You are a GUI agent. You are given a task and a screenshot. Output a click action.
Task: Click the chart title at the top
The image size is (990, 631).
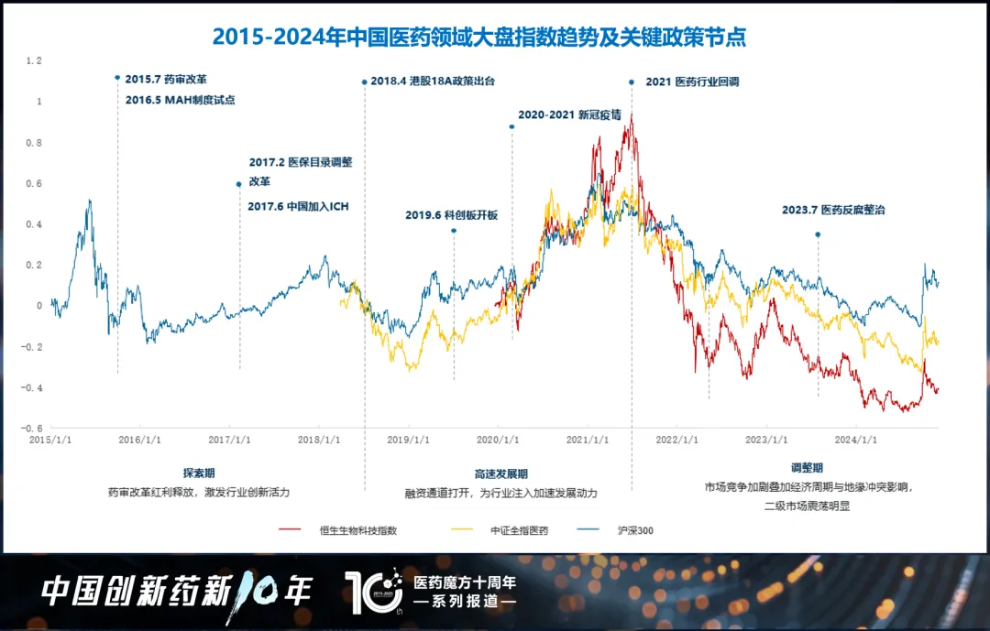coord(478,37)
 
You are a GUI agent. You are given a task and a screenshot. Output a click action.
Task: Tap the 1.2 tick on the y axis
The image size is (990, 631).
coord(35,60)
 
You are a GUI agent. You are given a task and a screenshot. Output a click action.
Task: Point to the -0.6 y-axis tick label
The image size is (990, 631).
coord(33,429)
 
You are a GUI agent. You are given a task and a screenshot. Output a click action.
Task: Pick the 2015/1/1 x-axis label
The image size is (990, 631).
coord(51,441)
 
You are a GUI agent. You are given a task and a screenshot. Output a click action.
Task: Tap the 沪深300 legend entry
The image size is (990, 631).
coord(635,529)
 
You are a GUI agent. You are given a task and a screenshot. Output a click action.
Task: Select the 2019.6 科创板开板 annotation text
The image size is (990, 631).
coord(451,215)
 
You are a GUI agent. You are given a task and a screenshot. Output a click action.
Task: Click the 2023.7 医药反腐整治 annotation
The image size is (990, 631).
coord(833,210)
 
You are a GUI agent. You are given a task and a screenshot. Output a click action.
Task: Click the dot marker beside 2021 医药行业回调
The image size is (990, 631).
coord(632,82)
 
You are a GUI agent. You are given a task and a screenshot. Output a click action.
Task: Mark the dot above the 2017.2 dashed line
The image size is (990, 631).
coord(239,184)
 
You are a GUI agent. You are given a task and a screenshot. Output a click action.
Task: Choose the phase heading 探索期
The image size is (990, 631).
coord(198,474)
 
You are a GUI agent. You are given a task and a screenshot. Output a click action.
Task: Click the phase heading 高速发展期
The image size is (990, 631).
coord(500,474)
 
